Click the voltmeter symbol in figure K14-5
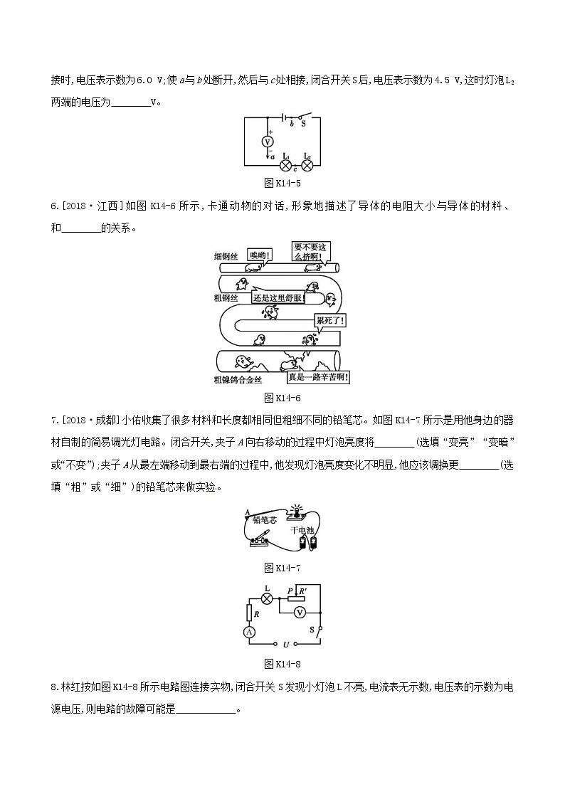point(268,142)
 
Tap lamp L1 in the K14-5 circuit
point(286,164)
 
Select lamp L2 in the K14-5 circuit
point(307,164)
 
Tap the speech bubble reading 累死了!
point(331,321)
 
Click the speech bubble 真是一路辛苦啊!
point(317,378)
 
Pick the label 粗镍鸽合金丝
point(237,380)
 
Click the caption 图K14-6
point(282,397)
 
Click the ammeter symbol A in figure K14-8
point(250,632)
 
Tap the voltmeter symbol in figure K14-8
point(300,613)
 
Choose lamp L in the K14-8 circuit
point(268,598)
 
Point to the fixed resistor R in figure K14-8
point(250,611)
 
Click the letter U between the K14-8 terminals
point(285,644)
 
